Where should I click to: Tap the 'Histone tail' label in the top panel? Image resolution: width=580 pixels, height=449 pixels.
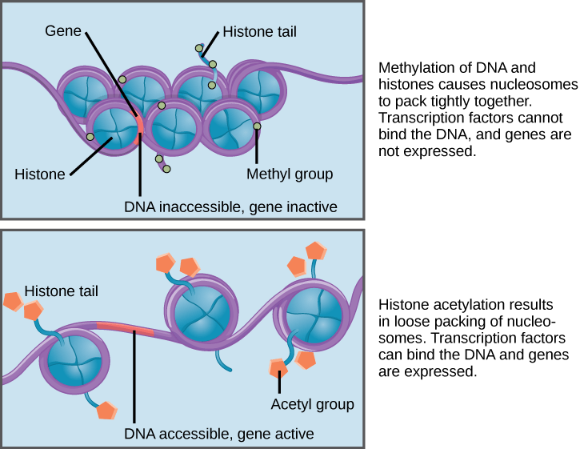(259, 33)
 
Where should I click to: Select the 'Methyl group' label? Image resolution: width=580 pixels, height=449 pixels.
(289, 174)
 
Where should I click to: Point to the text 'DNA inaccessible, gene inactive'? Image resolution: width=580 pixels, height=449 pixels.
(230, 207)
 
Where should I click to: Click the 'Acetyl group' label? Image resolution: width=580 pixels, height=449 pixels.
(311, 404)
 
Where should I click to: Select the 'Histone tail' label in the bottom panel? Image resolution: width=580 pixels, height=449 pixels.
(61, 291)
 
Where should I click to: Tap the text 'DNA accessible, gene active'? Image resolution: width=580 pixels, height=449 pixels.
(218, 434)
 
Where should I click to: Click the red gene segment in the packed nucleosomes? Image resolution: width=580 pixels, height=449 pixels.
(139, 124)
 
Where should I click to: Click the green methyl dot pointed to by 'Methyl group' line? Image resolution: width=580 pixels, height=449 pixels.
(257, 126)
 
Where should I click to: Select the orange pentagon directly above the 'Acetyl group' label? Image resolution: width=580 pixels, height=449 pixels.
(278, 368)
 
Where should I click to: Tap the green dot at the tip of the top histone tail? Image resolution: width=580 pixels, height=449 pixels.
(200, 49)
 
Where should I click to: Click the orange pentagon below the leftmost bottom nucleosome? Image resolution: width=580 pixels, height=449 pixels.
(106, 410)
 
